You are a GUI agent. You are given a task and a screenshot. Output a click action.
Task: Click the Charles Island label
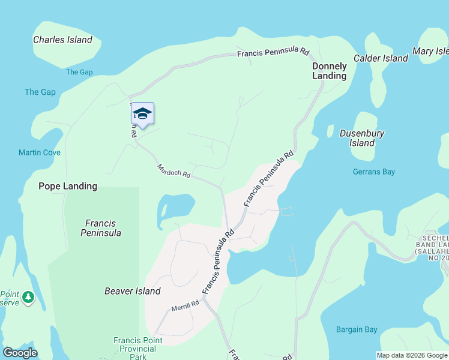point(62,40)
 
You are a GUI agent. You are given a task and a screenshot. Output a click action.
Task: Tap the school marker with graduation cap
point(142,113)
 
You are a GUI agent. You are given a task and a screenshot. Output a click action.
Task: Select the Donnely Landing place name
point(329,71)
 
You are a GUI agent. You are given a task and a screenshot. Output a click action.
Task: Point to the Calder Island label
point(381,58)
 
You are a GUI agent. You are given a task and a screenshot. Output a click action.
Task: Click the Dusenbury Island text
point(362,138)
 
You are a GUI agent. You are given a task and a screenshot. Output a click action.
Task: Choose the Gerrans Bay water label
point(373,172)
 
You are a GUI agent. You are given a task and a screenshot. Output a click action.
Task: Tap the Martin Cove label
point(40,152)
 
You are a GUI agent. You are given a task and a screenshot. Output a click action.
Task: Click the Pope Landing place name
point(68,186)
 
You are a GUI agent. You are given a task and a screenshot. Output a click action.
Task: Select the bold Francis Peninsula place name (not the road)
point(101,228)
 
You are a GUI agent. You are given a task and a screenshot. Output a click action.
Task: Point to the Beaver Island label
point(132,291)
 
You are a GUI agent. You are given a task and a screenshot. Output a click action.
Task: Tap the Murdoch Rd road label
point(173,171)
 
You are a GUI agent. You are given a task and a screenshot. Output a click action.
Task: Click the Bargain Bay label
point(357,329)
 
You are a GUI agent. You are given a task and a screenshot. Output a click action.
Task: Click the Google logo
point(20,353)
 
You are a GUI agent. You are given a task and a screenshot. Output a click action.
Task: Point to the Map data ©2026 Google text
point(412,355)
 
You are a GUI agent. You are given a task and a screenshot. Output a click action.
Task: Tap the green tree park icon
point(28,296)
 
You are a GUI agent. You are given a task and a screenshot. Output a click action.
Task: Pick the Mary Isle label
point(430,52)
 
